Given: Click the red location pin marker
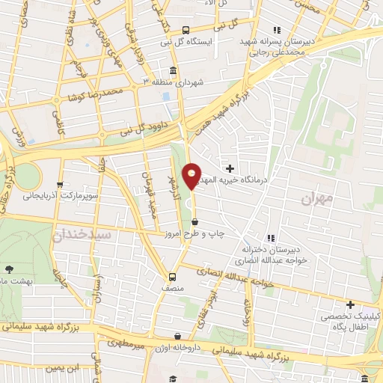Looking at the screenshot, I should click(193, 177).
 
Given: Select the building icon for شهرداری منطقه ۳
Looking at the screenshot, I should click(174, 72).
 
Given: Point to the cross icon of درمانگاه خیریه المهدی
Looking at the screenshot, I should click(230, 168).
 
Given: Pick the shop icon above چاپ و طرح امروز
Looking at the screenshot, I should click(195, 221).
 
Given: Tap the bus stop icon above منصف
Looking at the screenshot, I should click(173, 275).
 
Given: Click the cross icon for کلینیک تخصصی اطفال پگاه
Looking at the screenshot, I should click(350, 304).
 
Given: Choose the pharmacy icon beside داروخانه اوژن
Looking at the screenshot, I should click(177, 337).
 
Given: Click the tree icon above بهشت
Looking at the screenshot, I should click(9, 269).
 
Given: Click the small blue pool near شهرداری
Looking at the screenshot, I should click(165, 98).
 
